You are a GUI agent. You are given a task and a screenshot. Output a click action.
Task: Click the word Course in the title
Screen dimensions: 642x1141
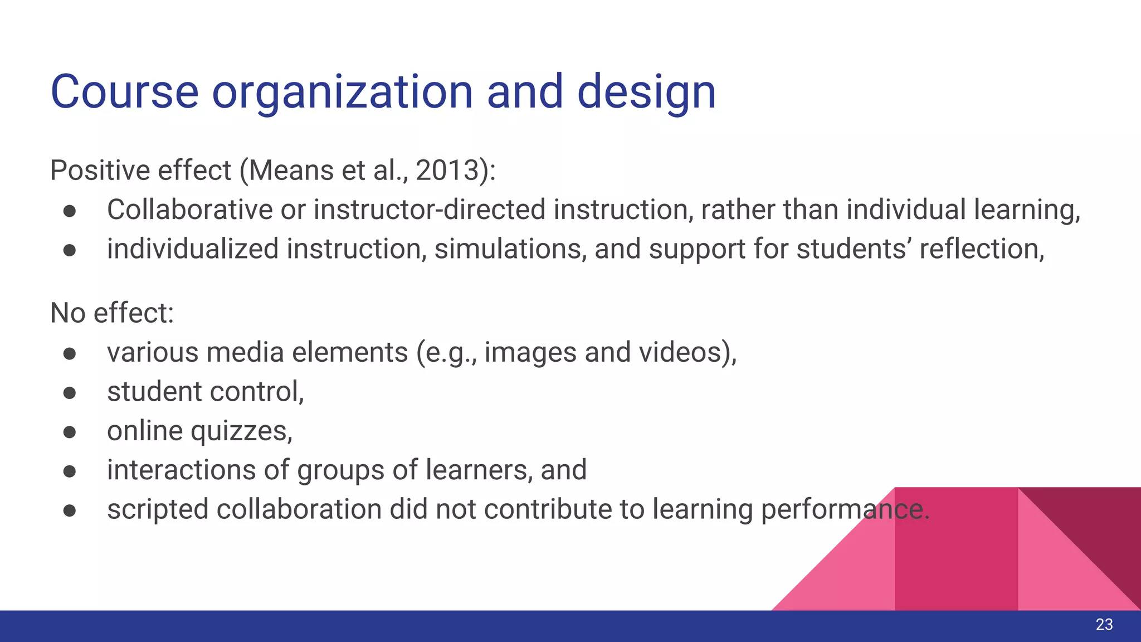(x=124, y=91)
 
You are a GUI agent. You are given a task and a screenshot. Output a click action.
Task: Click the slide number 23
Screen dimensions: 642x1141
(x=1104, y=625)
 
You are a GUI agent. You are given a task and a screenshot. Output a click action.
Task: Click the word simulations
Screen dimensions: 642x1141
(x=510, y=249)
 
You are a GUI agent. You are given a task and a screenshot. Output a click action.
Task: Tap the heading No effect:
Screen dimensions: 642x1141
(x=112, y=313)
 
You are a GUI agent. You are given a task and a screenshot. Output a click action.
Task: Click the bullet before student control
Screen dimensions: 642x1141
(x=70, y=393)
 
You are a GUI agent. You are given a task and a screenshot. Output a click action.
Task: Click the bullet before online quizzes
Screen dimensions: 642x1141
(x=70, y=432)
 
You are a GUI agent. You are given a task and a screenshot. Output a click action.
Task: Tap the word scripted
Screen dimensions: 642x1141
(x=157, y=510)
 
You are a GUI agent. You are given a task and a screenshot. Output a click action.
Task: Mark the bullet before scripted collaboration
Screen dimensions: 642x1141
(x=70, y=510)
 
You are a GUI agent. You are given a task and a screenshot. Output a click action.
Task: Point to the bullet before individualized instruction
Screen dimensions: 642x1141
(x=70, y=250)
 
